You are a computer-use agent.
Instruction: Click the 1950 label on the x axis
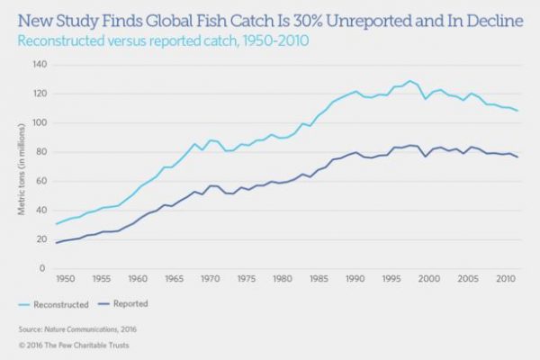64,280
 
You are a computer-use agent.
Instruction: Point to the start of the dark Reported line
57,243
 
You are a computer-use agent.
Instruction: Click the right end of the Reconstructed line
517,111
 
